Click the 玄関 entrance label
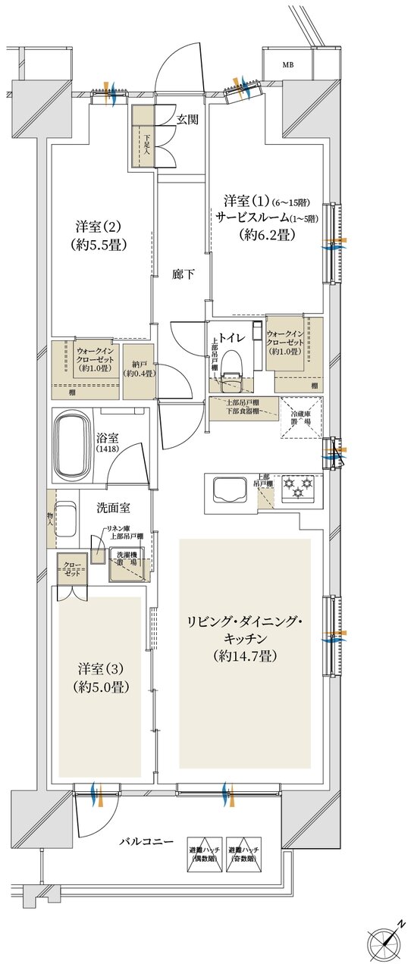point(188,119)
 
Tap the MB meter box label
point(288,65)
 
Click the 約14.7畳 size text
point(245,656)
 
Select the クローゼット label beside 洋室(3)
point(73,569)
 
